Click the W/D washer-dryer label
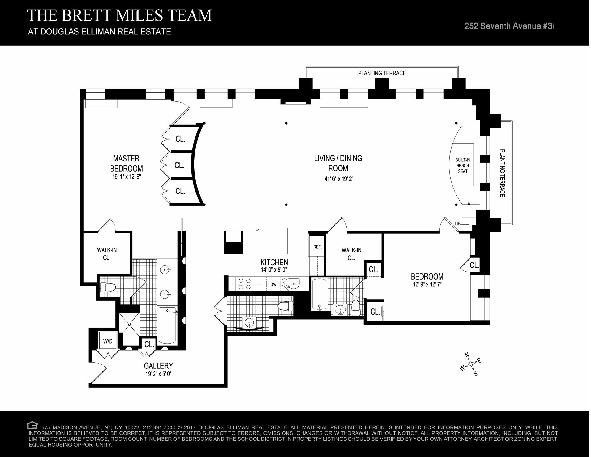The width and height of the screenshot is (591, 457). pyautogui.click(x=108, y=341)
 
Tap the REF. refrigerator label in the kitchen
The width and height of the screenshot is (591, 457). pyautogui.click(x=317, y=247)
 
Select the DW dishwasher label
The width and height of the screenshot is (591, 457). pyautogui.click(x=273, y=284)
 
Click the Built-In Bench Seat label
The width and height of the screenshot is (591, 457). pyautogui.click(x=463, y=165)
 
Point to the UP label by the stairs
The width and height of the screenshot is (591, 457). pyautogui.click(x=458, y=224)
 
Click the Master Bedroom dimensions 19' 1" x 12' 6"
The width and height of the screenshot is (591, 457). pyautogui.click(x=127, y=177)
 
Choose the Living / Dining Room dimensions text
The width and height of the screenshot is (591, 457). pyautogui.click(x=339, y=178)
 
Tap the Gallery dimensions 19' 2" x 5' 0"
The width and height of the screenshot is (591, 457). pyautogui.click(x=158, y=374)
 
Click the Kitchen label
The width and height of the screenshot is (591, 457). pyautogui.click(x=274, y=262)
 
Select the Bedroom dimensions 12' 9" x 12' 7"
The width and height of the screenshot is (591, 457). pyautogui.click(x=427, y=284)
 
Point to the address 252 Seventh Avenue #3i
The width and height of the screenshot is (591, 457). pyautogui.click(x=509, y=26)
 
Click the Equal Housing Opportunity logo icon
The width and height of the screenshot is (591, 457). pyautogui.click(x=32, y=426)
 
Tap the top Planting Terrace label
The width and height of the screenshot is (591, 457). pyautogui.click(x=382, y=73)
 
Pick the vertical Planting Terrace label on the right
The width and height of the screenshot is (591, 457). pyautogui.click(x=502, y=173)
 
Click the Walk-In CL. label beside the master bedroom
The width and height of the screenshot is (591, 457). pyautogui.click(x=107, y=254)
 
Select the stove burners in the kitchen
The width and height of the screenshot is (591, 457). pyautogui.click(x=244, y=284)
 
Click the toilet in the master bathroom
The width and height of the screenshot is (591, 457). pyautogui.click(x=108, y=288)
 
